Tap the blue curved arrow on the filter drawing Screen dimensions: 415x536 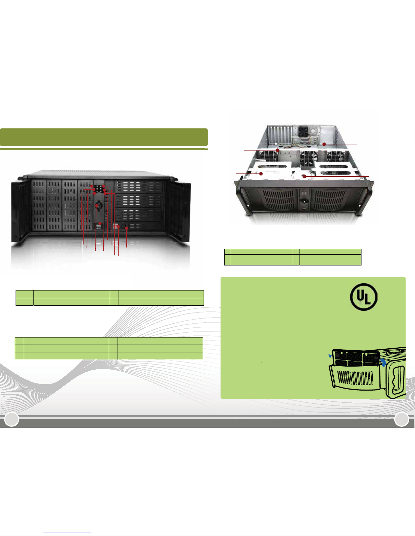[383, 363]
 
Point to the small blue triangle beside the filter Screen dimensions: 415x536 [330, 356]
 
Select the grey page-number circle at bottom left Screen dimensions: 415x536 [12, 419]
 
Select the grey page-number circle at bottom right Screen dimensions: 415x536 [401, 419]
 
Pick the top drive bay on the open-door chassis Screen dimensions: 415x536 [139, 187]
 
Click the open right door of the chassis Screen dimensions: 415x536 [178, 210]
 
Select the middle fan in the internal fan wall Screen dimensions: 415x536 [308, 157]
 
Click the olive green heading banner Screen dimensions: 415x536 [104, 137]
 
